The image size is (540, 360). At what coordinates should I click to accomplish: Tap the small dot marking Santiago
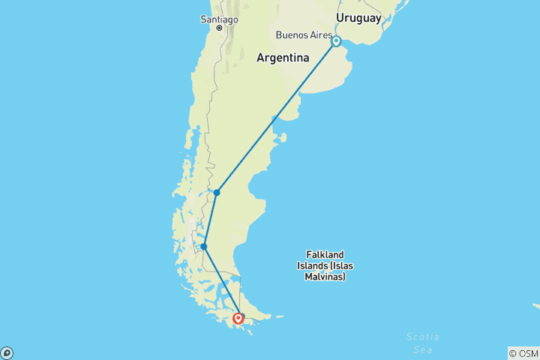point(220,28)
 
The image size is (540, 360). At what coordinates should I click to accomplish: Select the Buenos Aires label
point(304,34)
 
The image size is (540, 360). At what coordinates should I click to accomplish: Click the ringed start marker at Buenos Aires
point(337,41)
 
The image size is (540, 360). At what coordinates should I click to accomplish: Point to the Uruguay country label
point(358,18)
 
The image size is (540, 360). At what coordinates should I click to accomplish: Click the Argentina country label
point(283,58)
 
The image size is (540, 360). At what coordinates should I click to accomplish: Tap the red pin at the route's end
point(238,319)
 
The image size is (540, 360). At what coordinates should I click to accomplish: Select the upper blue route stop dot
point(217,193)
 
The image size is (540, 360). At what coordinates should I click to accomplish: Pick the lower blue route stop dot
point(204,246)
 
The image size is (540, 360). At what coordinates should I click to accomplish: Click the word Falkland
point(325,254)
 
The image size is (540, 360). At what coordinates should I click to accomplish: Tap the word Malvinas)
point(325,277)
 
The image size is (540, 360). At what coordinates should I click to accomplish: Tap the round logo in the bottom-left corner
point(7,352)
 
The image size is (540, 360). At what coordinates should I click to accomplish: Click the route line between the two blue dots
point(210,220)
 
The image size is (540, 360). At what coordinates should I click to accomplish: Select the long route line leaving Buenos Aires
point(277,116)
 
